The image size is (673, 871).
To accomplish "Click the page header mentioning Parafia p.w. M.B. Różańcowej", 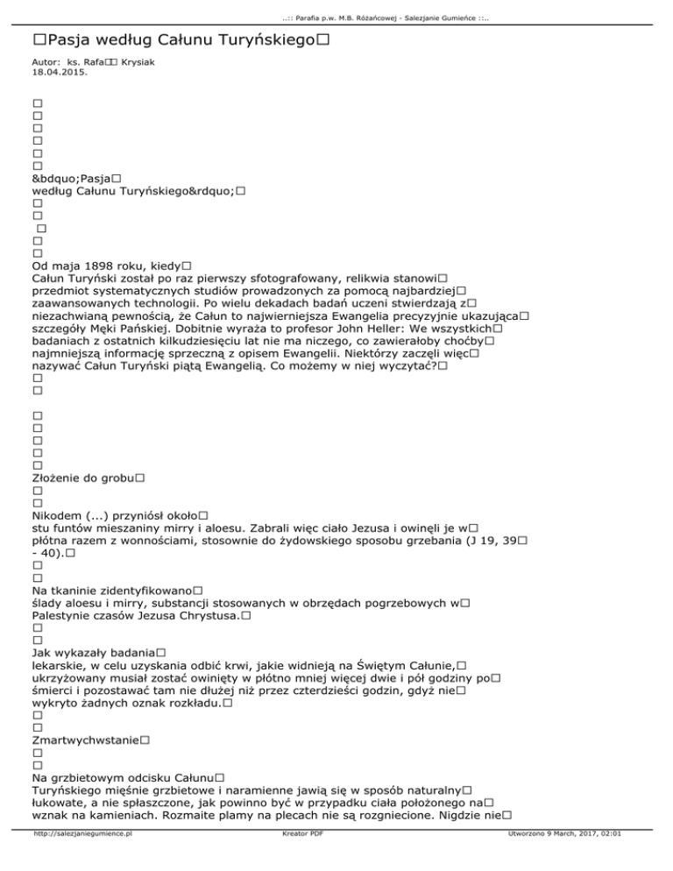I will (x=336, y=9).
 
